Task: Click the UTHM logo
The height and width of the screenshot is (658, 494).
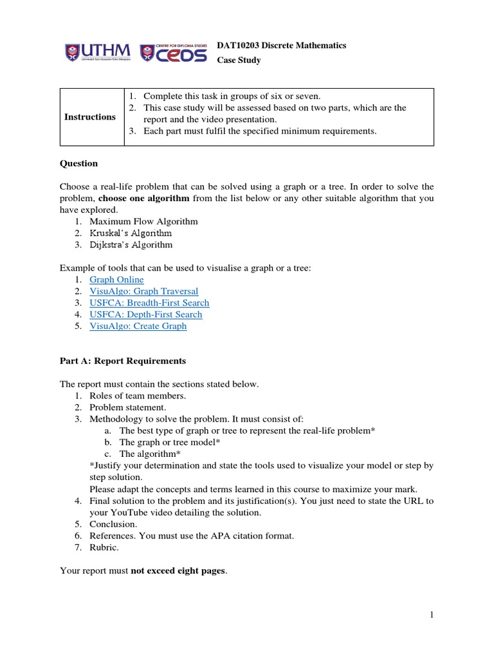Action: click(97, 52)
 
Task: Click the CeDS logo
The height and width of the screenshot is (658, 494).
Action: click(173, 52)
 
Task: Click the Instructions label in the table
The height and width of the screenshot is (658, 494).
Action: click(90, 117)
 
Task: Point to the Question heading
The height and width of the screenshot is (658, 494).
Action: click(78, 163)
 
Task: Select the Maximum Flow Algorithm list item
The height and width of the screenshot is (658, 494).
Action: click(143, 222)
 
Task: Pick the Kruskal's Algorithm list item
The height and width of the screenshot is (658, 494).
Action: click(131, 233)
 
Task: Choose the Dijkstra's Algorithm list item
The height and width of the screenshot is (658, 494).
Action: click(131, 245)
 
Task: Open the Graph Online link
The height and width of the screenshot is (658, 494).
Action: click(116, 280)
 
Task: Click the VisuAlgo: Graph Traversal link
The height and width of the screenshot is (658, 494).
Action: click(143, 291)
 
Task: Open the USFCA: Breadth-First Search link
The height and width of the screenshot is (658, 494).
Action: click(149, 303)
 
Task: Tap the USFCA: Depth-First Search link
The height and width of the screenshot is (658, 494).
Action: click(145, 314)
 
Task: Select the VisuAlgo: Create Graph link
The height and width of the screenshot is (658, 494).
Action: click(138, 326)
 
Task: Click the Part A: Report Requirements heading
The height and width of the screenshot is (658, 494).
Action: click(123, 360)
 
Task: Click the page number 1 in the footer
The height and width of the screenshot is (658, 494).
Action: click(432, 615)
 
